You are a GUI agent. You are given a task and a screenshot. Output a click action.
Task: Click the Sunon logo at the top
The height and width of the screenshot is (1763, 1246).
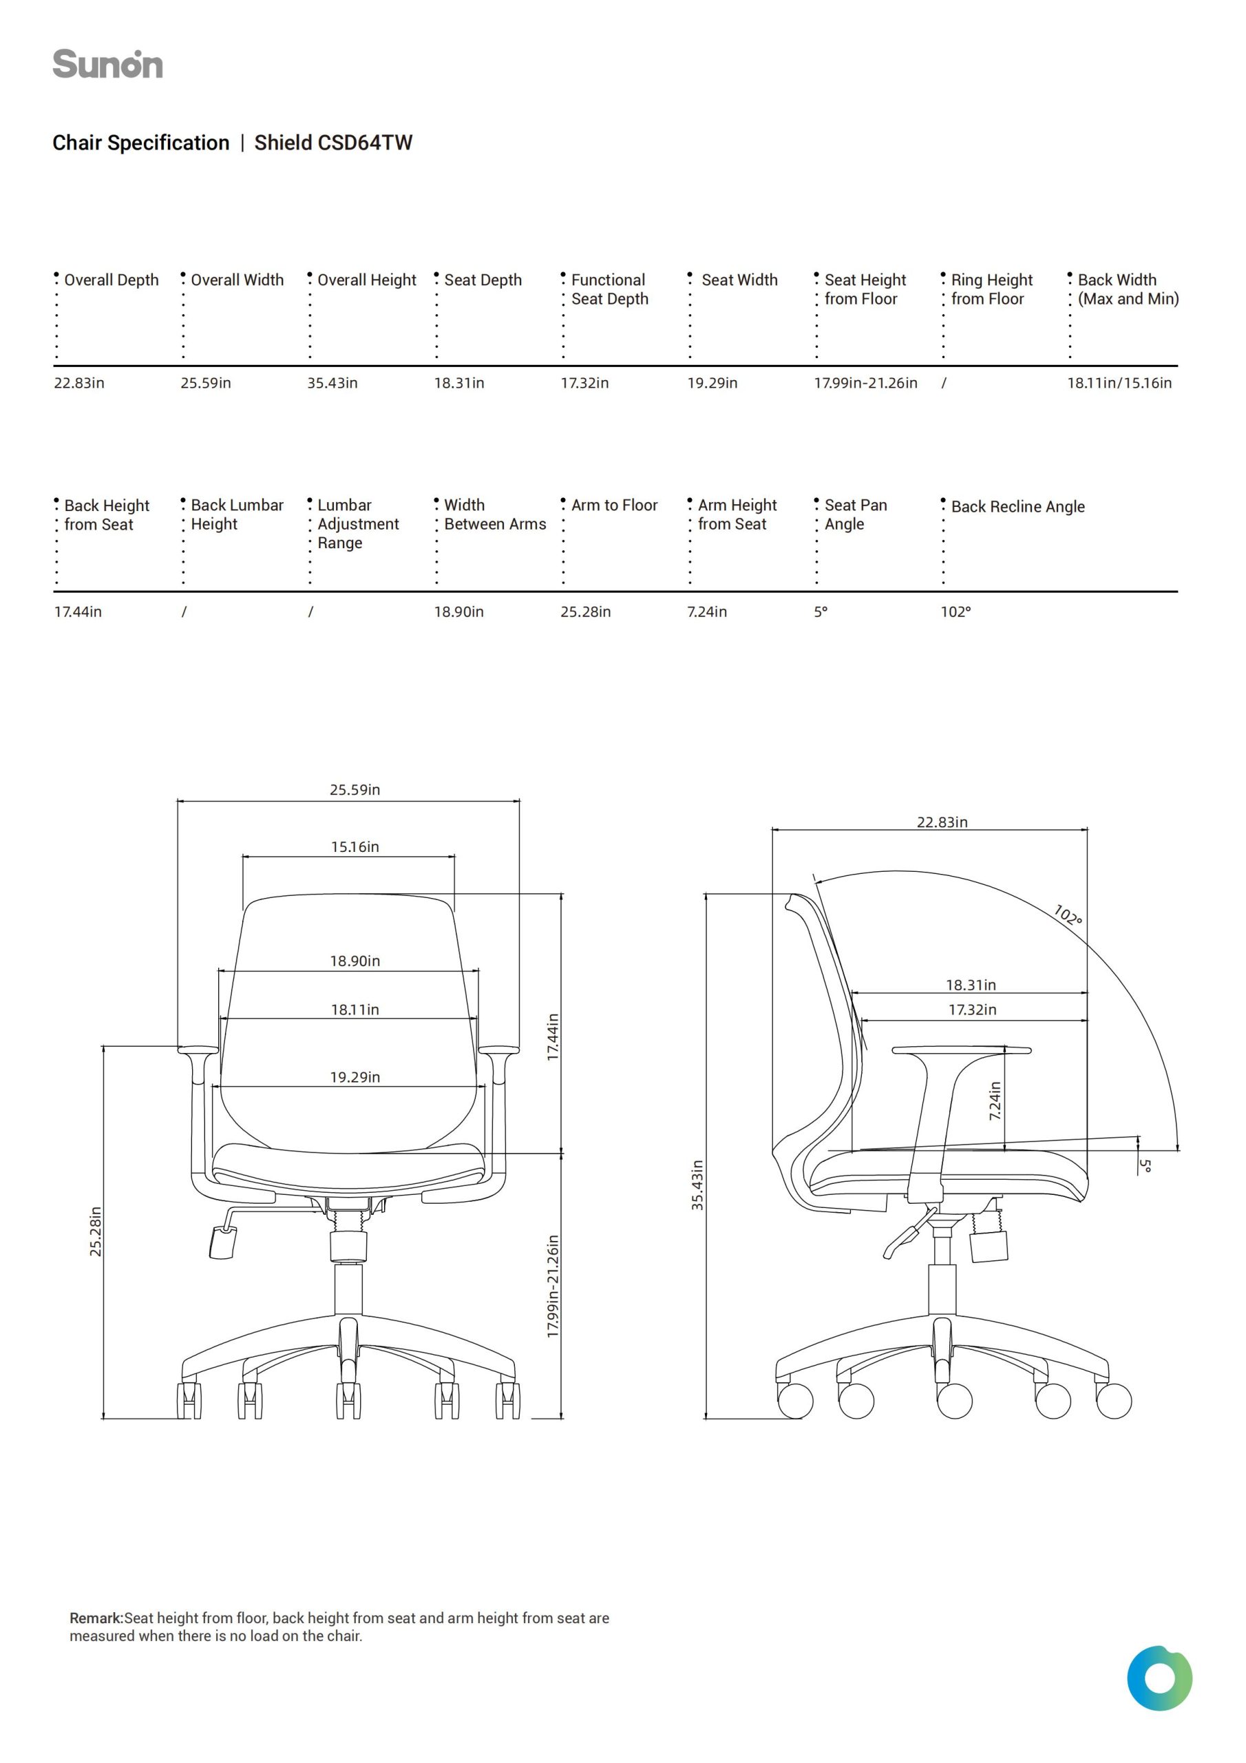pos(107,65)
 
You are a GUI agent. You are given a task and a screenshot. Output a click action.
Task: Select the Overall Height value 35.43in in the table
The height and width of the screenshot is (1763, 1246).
pos(332,383)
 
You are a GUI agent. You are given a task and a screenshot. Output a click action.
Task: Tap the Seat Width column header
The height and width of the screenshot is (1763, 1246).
pos(739,280)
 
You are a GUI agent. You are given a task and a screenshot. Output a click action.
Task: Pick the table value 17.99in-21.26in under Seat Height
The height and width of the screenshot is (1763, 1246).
pos(865,383)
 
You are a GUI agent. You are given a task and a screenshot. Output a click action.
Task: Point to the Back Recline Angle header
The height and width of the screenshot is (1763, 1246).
pos(1017,507)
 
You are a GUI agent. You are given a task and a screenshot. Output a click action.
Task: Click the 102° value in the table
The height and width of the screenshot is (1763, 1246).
pos(955,612)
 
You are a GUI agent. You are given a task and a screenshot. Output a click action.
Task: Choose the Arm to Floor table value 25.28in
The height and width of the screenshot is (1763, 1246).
pos(585,612)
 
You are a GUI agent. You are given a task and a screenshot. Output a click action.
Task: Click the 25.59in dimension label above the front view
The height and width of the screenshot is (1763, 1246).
pos(355,790)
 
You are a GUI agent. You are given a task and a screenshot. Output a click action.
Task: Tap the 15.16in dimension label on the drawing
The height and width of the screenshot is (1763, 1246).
pos(355,848)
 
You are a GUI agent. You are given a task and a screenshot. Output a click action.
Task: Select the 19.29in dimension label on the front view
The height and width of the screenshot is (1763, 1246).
pos(355,1078)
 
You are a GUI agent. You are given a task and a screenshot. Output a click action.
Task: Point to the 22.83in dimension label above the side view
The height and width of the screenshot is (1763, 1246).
pos(942,822)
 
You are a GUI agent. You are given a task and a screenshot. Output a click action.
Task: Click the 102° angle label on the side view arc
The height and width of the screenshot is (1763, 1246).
pos(1068,915)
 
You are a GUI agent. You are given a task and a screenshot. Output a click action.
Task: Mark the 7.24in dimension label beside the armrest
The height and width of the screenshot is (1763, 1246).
pos(995,1101)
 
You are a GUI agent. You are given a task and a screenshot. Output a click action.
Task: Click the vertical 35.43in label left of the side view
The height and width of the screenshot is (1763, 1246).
pos(697,1186)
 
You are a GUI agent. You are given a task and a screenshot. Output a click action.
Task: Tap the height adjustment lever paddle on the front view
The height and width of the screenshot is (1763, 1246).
pos(222,1242)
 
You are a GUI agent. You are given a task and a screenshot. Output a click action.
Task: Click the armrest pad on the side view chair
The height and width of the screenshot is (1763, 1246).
pos(961,1050)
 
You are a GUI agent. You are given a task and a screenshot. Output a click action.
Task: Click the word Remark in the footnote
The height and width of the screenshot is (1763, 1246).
pos(96,1618)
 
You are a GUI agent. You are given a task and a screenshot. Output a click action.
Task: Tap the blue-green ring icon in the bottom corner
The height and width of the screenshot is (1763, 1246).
pos(1159,1678)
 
